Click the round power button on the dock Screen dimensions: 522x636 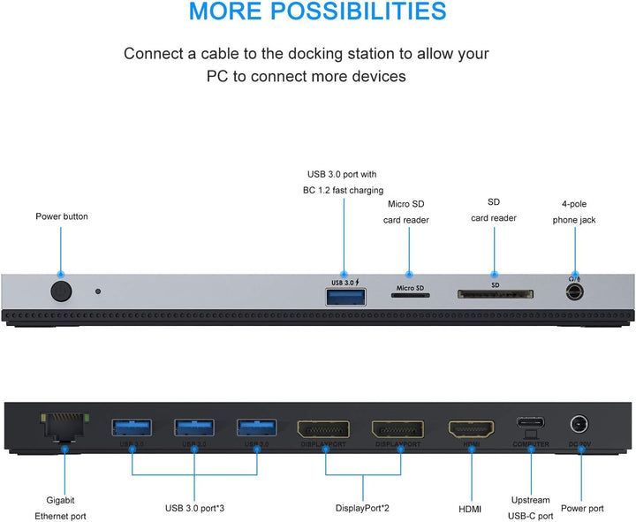pos(60,291)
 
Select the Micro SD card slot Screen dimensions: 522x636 pos(410,297)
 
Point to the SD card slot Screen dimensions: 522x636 pos(494,295)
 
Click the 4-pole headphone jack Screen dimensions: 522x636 pos(575,291)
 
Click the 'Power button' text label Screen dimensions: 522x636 pos(62,216)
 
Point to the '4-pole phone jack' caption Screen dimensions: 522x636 pos(575,211)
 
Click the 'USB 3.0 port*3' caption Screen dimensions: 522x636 pos(194,508)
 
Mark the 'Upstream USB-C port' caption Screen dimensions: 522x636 pos(530,508)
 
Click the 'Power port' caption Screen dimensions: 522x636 pos(582,508)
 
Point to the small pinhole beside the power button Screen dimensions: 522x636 pos(97,291)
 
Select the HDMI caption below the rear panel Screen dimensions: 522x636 pos(470,508)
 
